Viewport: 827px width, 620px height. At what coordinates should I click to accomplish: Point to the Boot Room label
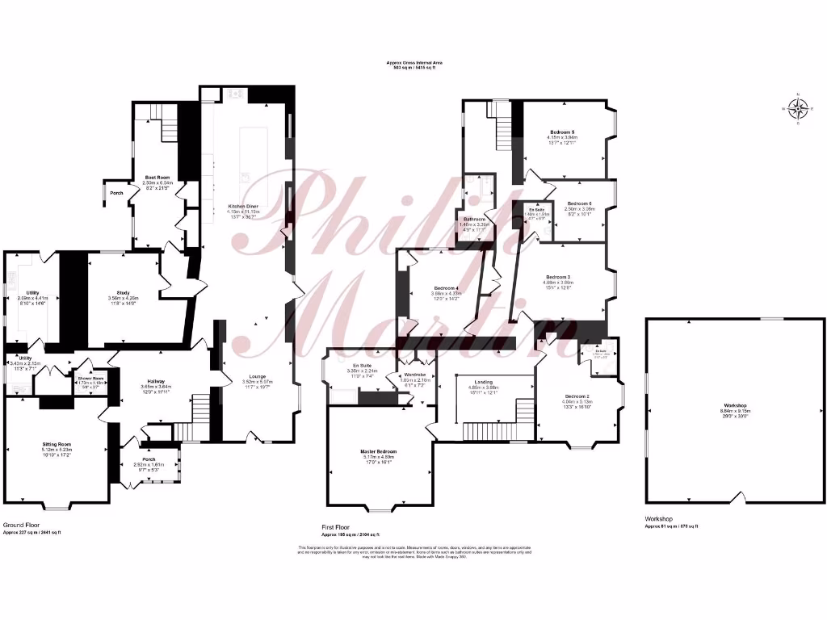pos(157,178)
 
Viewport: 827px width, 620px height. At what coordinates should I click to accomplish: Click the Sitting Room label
pos(57,444)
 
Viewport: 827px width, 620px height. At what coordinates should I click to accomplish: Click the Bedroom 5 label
pos(562,132)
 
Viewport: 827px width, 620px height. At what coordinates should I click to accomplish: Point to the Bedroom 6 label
pos(580,203)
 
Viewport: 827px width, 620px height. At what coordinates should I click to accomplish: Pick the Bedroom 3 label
pos(556,277)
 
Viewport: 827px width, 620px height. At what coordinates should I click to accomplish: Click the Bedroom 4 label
pos(446,288)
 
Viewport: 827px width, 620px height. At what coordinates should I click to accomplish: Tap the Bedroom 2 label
pos(577,396)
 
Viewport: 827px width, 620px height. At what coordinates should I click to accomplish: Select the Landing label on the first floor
pos(484,382)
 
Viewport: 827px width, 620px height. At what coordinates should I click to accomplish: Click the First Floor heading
pos(338,526)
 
